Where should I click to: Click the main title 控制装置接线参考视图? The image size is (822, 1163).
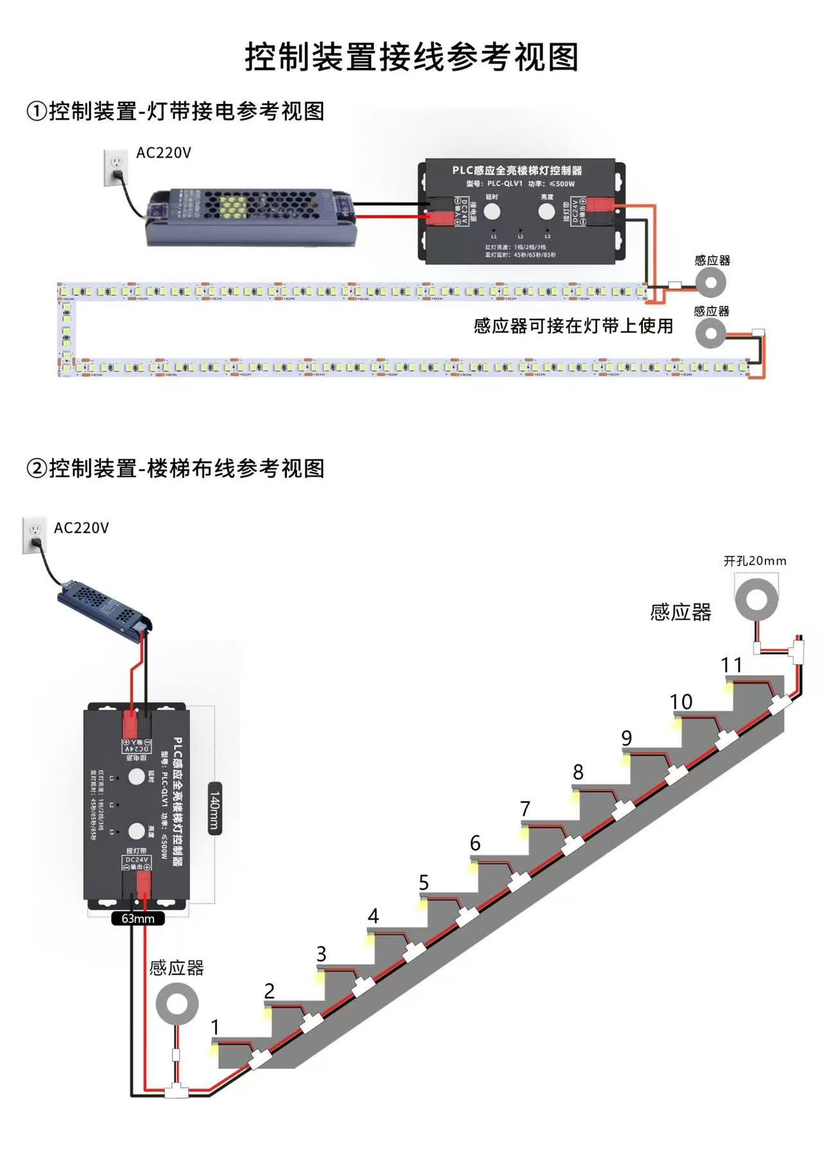411,57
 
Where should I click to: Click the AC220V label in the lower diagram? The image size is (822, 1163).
82,528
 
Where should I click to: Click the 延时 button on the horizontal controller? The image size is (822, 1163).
492,211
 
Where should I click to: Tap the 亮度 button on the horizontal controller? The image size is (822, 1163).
547,211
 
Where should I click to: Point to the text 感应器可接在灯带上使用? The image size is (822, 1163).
573,326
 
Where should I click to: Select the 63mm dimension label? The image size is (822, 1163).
138,918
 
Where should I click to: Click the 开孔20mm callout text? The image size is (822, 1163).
755,561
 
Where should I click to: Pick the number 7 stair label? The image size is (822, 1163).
525,809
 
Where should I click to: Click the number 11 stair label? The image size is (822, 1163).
731,665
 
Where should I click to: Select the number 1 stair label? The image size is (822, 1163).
216,1027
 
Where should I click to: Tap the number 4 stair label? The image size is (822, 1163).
373,916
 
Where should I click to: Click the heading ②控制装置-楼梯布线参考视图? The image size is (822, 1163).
175,468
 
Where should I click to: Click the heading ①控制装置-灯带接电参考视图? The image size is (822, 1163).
175,111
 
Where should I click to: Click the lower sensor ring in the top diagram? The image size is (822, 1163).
711,333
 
